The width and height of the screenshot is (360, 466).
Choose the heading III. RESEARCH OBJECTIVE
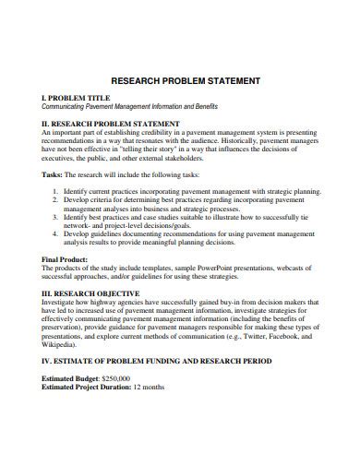click(x=100, y=292)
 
